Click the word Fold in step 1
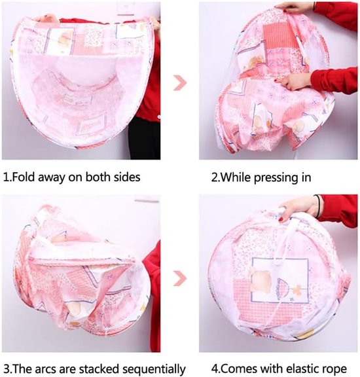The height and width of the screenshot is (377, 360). coord(23,177)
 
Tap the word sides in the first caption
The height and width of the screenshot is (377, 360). coord(127,177)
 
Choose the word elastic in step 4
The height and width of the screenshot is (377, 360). coord(297,368)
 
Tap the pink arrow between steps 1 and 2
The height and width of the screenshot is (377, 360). coord(180,82)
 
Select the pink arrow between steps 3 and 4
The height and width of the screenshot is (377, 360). coord(180,278)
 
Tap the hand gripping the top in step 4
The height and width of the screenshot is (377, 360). coord(298,207)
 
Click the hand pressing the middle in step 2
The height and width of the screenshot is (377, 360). coord(294,81)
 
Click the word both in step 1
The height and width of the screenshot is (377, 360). coord(98,177)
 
